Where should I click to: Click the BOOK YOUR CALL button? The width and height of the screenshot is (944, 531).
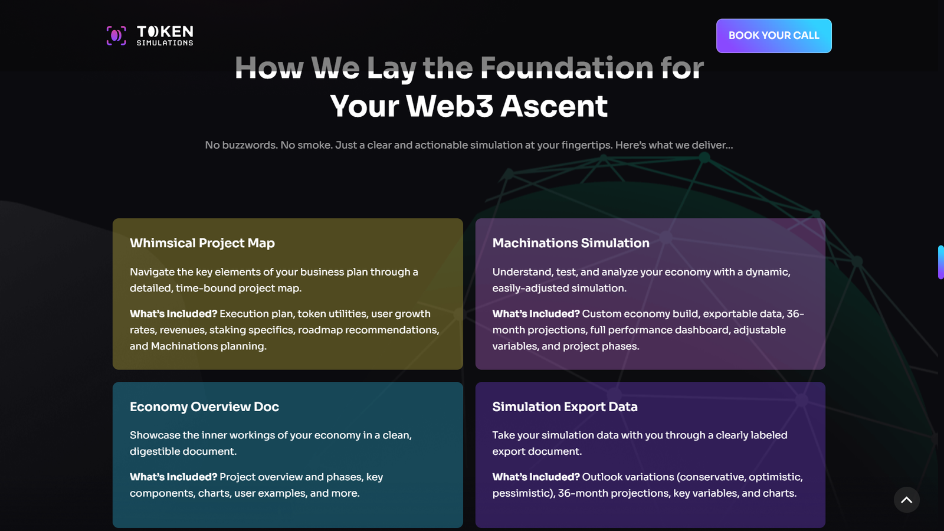coord(773,36)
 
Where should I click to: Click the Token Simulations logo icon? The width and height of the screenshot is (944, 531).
coord(116,35)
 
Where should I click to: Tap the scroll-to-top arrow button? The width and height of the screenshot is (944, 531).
coord(906,500)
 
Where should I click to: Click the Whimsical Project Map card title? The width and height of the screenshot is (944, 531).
coord(202,243)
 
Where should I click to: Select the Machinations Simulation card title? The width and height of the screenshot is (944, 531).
coord(571,243)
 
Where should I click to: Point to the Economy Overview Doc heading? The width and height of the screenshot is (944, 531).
coord(204,407)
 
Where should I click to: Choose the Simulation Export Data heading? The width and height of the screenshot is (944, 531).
coord(565,407)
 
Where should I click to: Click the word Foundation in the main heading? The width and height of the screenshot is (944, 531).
coord(567,67)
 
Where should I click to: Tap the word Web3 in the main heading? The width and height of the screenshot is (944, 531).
coord(449,106)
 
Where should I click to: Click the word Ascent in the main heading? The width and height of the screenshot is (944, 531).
coord(554,106)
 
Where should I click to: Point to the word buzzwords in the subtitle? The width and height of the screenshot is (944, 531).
coord(250,145)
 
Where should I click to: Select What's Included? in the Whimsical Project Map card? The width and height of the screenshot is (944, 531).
coord(173,313)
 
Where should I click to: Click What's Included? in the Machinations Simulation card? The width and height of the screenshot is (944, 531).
coord(536,313)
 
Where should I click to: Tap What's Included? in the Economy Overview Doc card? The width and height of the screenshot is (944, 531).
coord(173,477)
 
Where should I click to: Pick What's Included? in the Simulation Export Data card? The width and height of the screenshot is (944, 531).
coord(536,477)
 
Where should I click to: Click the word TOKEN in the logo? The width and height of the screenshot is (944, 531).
coord(165,32)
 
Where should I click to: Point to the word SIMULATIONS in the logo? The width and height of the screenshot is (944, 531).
coord(165,42)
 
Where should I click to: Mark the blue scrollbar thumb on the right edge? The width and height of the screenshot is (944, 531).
coord(941,262)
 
